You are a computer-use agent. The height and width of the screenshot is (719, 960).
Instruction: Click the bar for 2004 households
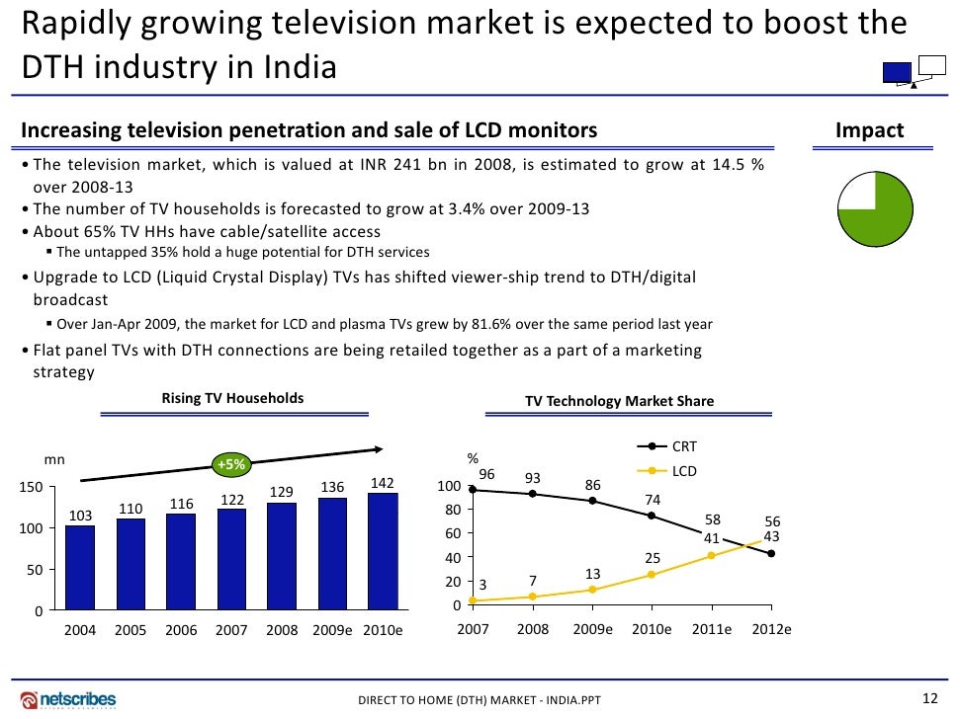tap(79, 568)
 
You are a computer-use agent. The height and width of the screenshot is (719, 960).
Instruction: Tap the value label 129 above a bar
tap(282, 492)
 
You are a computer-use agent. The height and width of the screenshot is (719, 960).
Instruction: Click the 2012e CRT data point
tap(770, 554)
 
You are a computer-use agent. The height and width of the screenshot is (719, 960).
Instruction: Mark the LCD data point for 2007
tap(473, 600)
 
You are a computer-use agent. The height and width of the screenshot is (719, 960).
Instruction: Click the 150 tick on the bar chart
tap(31, 487)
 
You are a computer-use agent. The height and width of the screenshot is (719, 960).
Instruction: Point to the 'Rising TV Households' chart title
tap(232, 398)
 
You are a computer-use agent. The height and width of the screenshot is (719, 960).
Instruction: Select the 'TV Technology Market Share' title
tap(619, 401)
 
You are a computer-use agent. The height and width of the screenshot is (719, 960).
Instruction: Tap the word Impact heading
tap(869, 130)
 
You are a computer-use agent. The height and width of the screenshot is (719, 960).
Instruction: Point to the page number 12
tap(927, 699)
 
